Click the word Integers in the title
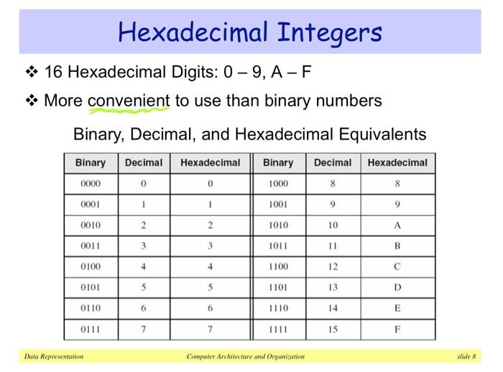click(x=329, y=33)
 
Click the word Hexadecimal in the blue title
click(x=193, y=32)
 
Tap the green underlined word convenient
click(x=129, y=101)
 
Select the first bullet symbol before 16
click(x=32, y=72)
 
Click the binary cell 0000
click(x=91, y=183)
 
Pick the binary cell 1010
click(x=279, y=225)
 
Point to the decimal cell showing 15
click(x=333, y=330)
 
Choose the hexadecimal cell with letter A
click(x=397, y=225)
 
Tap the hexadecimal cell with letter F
click(x=397, y=330)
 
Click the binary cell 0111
click(x=90, y=330)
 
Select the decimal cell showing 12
click(x=333, y=267)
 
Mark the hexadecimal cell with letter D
click(x=397, y=287)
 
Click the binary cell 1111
click(x=278, y=330)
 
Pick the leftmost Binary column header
click(x=91, y=163)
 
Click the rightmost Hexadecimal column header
click(x=397, y=163)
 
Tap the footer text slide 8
click(x=467, y=356)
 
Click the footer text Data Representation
click(x=54, y=356)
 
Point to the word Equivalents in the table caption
click(x=382, y=135)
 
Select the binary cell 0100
click(x=91, y=267)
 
